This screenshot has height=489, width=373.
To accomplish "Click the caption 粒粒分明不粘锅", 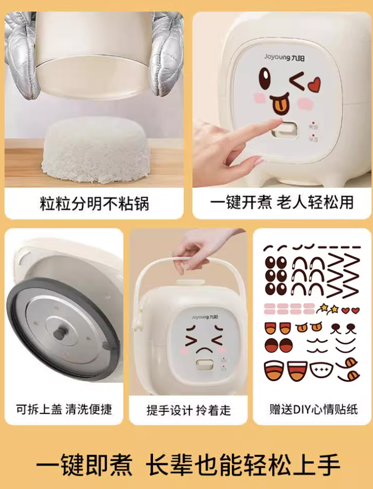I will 94,203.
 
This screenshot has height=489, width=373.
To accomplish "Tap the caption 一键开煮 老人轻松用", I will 281,203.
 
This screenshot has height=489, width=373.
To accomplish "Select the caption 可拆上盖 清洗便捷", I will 63,409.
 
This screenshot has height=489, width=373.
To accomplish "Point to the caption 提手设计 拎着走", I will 189,410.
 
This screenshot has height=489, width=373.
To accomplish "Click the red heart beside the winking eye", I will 314,83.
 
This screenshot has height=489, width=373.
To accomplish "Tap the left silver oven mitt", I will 21,53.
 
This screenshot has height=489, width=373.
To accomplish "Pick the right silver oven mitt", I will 167,53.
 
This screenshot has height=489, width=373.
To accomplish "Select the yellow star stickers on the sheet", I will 328,308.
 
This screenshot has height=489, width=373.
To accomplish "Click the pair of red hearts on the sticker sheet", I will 350,310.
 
